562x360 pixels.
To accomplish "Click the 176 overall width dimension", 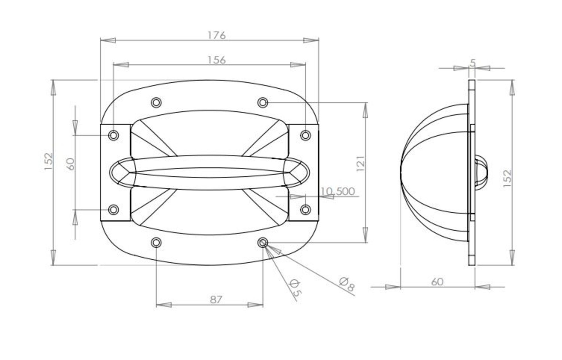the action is [x=216, y=35].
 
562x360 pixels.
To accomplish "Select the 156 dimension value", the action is [x=216, y=60].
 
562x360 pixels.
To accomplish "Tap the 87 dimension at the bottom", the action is [x=216, y=300].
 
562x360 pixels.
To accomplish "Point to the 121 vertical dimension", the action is [x=361, y=164].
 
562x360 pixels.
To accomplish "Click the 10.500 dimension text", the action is [x=338, y=192].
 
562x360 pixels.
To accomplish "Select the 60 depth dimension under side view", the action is [x=437, y=282].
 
